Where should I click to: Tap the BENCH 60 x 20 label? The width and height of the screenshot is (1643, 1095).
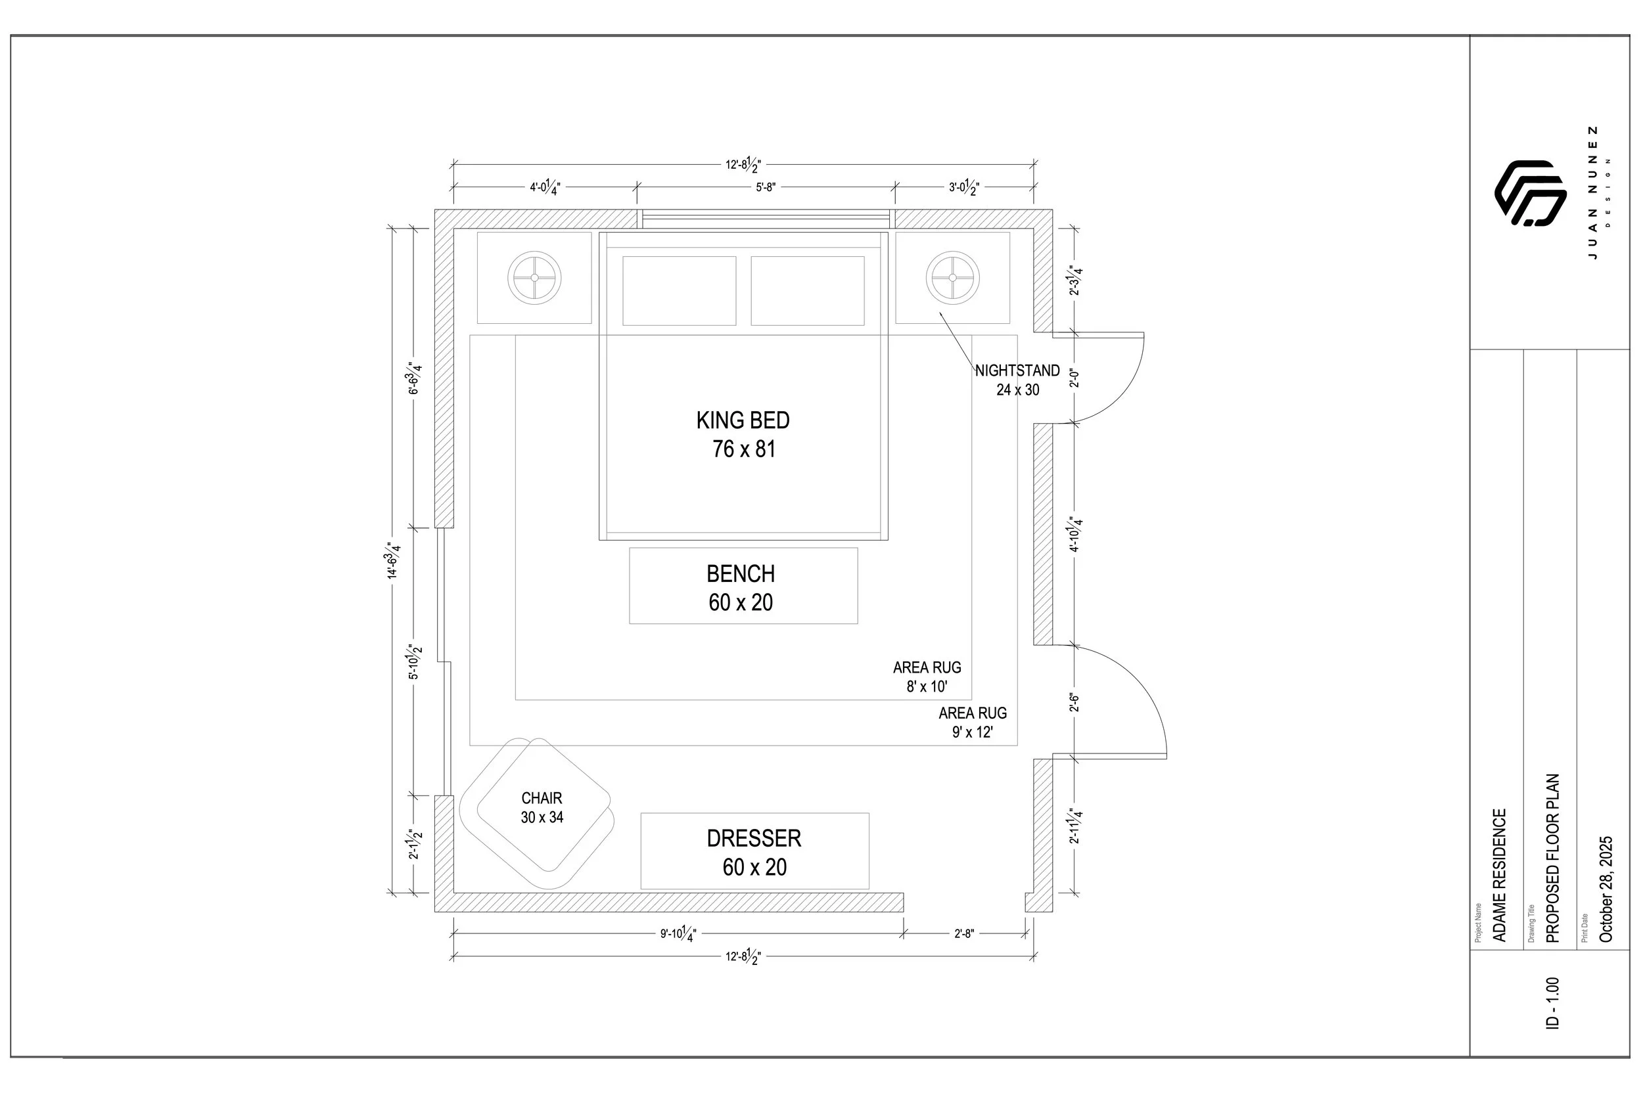(x=741, y=587)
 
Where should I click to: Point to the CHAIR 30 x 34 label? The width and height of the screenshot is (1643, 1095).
(x=542, y=807)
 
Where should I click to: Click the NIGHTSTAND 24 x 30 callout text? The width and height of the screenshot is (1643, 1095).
(x=1017, y=380)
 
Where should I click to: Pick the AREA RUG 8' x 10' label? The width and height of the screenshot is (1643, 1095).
(x=927, y=677)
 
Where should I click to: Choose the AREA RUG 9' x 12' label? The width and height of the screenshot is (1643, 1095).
(x=973, y=722)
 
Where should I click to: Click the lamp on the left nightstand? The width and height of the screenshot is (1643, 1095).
(x=534, y=277)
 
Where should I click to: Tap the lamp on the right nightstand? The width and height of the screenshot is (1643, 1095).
(x=952, y=277)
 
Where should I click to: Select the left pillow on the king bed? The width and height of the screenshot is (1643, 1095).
(x=679, y=290)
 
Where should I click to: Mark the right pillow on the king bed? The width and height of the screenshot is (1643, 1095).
(x=808, y=290)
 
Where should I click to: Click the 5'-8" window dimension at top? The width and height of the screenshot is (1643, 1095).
(x=766, y=187)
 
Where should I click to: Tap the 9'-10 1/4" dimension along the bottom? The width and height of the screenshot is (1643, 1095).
(x=678, y=933)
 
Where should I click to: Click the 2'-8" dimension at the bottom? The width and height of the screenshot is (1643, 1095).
(x=964, y=933)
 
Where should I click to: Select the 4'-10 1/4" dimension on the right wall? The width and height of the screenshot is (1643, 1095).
(x=1075, y=534)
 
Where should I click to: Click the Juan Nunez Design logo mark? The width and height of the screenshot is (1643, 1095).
(x=1530, y=192)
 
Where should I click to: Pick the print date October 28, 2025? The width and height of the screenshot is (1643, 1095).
(x=1606, y=889)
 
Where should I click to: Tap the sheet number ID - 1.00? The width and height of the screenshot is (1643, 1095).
(x=1552, y=1003)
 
